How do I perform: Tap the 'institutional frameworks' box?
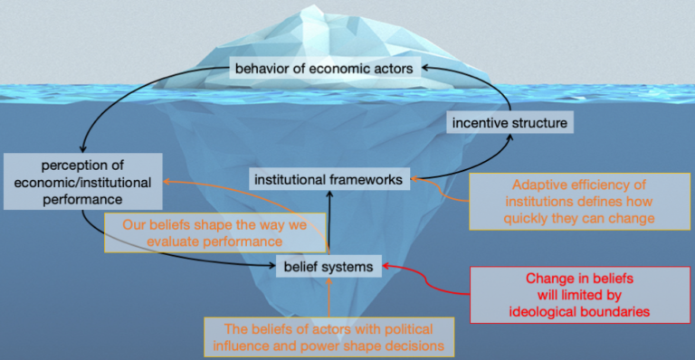point(327,180)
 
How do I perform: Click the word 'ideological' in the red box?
point(553,310)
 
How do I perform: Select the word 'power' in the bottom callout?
point(339,346)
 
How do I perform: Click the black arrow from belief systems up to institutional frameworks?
point(328,222)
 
